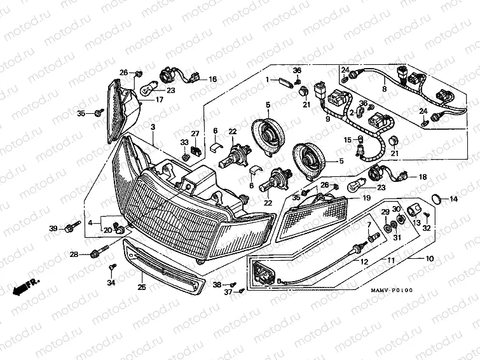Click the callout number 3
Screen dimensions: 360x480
coord(153,128)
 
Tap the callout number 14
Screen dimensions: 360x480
coord(453,199)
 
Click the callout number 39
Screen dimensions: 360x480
coord(53,228)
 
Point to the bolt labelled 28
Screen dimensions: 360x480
coord(97,253)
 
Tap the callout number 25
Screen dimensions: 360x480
coord(142,287)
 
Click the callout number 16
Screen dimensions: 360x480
coord(212,80)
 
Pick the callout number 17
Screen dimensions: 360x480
coord(159,99)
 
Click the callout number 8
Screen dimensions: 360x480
coord(384,90)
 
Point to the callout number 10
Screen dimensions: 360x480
coord(430,259)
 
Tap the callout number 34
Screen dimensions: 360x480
coord(111,282)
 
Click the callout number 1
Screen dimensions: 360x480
coord(268,80)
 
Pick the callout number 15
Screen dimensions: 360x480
coord(348,139)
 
